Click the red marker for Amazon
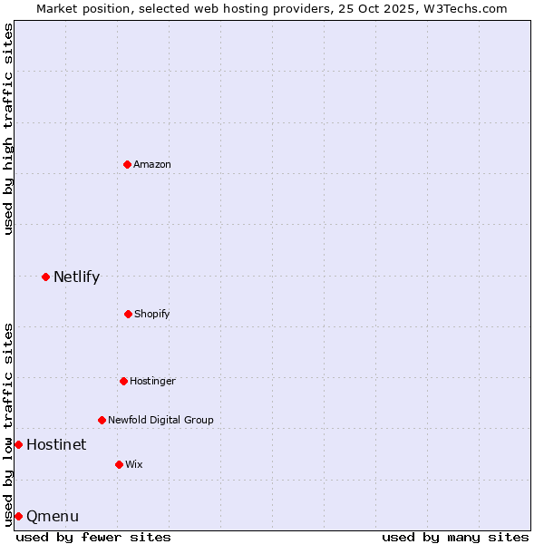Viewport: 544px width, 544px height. tap(127, 164)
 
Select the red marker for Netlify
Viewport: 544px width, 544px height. tap(45, 277)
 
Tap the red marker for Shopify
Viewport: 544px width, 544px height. tap(128, 314)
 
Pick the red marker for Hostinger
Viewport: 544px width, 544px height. tap(123, 381)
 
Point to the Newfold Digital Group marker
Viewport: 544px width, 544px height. tap(102, 420)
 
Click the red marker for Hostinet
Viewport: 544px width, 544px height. tap(18, 444)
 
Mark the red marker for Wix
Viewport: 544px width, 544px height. tap(119, 464)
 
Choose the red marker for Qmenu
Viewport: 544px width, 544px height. tap(18, 516)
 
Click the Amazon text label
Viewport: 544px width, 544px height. tap(152, 164)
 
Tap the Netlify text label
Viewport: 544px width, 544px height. tap(76, 277)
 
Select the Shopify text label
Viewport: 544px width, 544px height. tap(151, 314)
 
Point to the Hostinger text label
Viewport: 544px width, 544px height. tap(152, 381)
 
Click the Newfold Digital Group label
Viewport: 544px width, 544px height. tap(160, 420)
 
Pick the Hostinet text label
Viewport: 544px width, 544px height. tap(56, 444)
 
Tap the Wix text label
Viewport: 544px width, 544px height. tap(133, 464)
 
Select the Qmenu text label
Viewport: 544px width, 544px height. tap(53, 517)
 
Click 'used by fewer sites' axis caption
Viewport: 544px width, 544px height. tap(93, 537)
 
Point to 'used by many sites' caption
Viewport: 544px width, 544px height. tap(455, 537)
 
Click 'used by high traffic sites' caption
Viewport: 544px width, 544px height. tap(8, 130)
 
